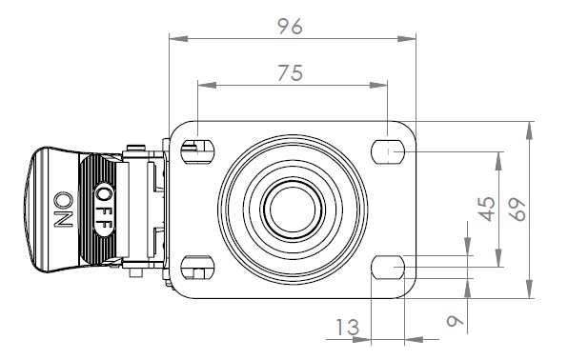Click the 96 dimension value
pos(290,27)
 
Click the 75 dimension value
pos(290,72)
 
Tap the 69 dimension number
pos(517,210)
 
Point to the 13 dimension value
pos(348,327)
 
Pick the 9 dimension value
pos(455,321)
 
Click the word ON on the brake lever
pos(64,210)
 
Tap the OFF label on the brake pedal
pos(104,210)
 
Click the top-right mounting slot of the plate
pos(388,151)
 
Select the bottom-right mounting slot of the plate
pos(388,268)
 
